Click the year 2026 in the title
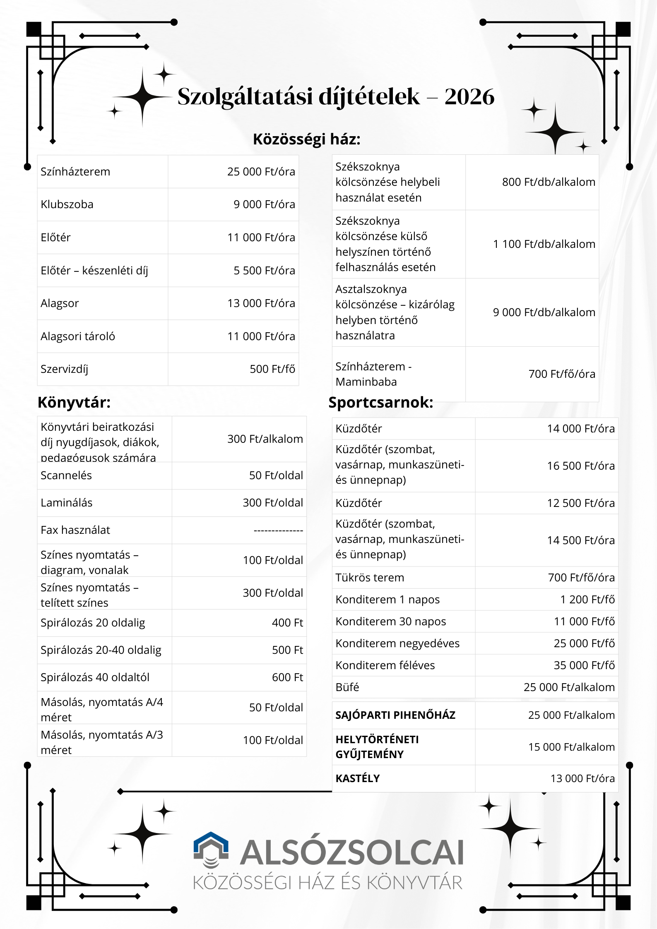tap(469, 97)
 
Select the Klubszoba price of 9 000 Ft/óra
tap(264, 204)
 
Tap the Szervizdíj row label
tap(64, 369)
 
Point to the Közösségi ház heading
tap(306, 139)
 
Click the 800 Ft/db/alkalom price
tap(548, 182)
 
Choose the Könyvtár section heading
tap(74, 402)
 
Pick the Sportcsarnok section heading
tap(380, 402)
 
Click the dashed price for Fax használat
tap(278, 530)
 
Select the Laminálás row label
tap(66, 503)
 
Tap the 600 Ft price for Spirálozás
tap(287, 677)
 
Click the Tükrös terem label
tap(369, 578)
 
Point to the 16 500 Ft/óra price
tap(580, 466)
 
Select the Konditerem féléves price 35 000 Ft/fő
tap(584, 665)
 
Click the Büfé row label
tap(347, 687)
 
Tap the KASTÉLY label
tap(357, 778)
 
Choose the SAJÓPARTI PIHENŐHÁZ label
tap(395, 715)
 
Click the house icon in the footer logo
tap(211, 850)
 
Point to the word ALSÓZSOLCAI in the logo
tap(351, 853)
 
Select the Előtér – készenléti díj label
tap(94, 271)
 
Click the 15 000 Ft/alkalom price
tap(571, 747)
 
